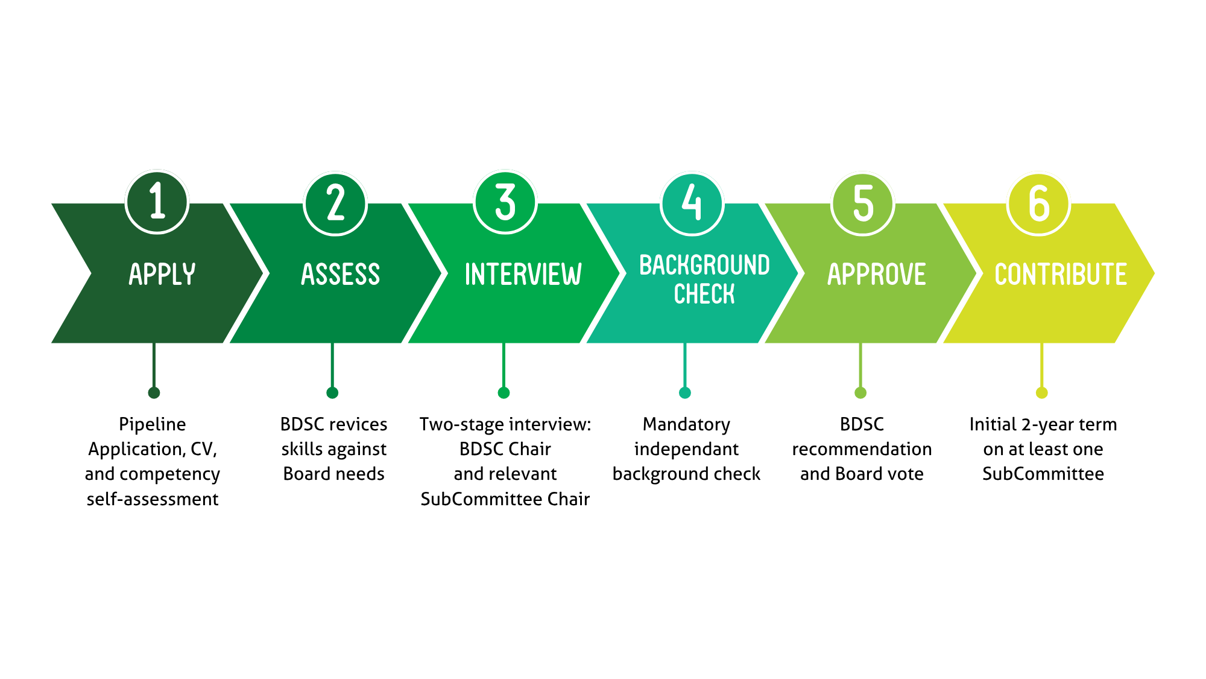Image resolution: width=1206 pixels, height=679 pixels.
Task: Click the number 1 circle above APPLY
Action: tap(157, 202)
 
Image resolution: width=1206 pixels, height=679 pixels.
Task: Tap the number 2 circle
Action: tap(335, 203)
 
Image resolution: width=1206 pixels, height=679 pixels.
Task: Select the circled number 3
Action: tap(505, 202)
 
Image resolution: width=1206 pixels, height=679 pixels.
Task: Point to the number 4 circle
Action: tap(692, 203)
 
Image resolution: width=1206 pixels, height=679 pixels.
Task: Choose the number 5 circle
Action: tap(863, 203)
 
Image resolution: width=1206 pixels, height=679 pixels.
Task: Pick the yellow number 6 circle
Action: tap(1038, 203)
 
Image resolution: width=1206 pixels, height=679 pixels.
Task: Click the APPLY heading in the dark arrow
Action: tap(162, 275)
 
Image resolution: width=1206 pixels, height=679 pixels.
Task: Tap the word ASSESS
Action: tap(341, 275)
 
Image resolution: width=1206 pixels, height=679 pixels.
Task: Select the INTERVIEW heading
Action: tap(523, 275)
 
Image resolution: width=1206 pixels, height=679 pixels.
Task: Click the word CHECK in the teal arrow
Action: tap(704, 295)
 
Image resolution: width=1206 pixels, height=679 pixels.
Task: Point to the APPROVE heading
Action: tap(876, 275)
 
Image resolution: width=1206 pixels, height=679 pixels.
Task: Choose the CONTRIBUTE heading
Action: tap(1061, 275)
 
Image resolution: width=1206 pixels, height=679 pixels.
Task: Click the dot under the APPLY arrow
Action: tap(154, 393)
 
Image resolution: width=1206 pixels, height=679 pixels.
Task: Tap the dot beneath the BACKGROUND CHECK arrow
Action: tap(685, 393)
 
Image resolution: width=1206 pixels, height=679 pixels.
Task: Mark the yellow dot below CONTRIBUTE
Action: tap(1041, 393)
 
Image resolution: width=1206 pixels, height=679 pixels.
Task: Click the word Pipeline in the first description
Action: tap(153, 424)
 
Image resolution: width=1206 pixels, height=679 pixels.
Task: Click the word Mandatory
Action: tap(686, 425)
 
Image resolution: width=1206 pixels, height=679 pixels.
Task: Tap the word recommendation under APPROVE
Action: tap(862, 449)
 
